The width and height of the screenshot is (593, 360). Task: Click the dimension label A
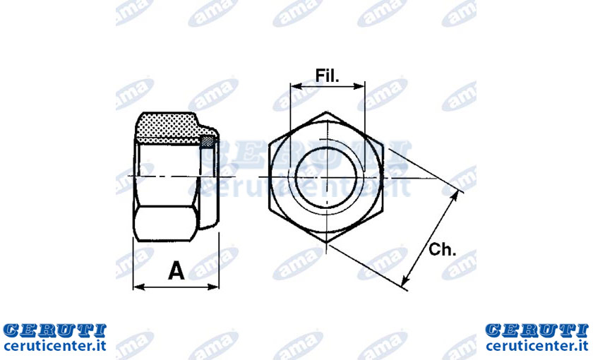pyautogui.click(x=176, y=270)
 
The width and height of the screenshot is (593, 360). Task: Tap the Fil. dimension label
pyautogui.click(x=328, y=76)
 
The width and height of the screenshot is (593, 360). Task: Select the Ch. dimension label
pyautogui.click(x=443, y=249)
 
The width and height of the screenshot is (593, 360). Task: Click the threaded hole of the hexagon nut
pyautogui.click(x=326, y=177)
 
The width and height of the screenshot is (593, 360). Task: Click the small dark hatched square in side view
pyautogui.click(x=206, y=141)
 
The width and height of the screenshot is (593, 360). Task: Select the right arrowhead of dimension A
pyautogui.click(x=214, y=287)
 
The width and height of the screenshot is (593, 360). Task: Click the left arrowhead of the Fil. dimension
pyautogui.click(x=296, y=87)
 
